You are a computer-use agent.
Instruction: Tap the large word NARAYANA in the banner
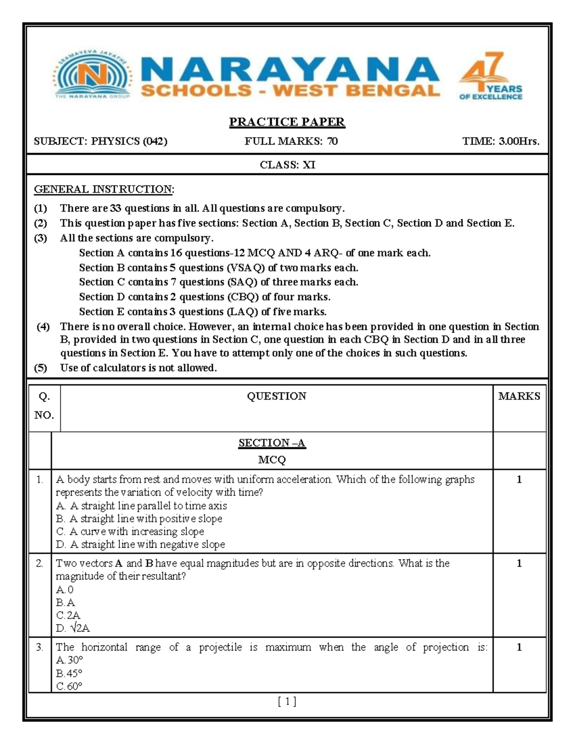(x=290, y=69)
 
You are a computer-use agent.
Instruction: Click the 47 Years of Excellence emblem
(x=490, y=76)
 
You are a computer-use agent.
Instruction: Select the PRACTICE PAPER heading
(x=287, y=122)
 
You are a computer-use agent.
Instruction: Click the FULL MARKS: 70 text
(x=291, y=141)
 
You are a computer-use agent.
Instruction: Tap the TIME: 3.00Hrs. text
(x=500, y=141)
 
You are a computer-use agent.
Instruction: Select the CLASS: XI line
(x=287, y=165)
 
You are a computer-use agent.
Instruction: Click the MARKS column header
(x=519, y=396)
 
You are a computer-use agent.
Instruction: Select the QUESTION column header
(x=276, y=396)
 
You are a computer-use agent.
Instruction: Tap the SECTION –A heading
(x=272, y=443)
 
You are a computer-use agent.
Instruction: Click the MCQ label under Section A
(x=272, y=460)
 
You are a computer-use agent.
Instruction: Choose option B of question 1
(x=139, y=519)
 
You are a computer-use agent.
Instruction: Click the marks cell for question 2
(x=519, y=563)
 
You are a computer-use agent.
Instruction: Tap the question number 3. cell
(x=40, y=648)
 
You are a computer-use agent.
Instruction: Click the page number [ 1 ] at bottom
(x=287, y=702)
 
